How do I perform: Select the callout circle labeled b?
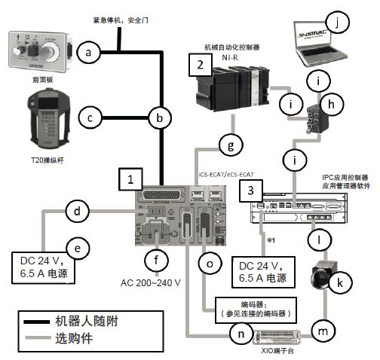(x=159, y=118)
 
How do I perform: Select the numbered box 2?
(x=199, y=66)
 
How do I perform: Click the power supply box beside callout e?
(x=41, y=267)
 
